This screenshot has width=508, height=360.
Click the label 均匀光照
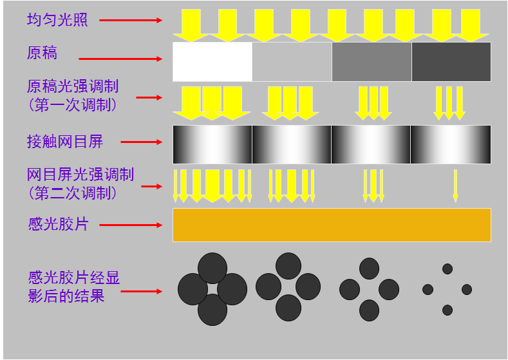tap(57, 20)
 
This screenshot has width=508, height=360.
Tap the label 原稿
tap(42, 53)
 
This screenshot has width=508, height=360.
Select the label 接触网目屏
tap(65, 141)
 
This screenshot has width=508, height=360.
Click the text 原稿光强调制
tap(73, 87)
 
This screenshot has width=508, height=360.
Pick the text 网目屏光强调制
tap(80, 175)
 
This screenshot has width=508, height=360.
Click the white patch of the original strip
tap(212, 62)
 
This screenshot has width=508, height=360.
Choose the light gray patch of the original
tap(292, 62)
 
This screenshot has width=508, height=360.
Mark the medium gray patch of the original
tap(372, 62)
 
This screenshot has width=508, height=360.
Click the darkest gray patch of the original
tap(451, 62)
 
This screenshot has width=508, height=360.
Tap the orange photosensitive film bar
tap(332, 225)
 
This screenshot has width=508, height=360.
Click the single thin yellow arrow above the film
tap(455, 185)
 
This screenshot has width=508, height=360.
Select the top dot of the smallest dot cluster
tap(447, 269)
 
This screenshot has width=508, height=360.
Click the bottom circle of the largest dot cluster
tap(212, 310)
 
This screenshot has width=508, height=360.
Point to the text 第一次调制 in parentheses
tap(73, 104)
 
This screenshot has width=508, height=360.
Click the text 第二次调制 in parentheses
tap(73, 192)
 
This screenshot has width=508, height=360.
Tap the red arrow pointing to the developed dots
tap(142, 291)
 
